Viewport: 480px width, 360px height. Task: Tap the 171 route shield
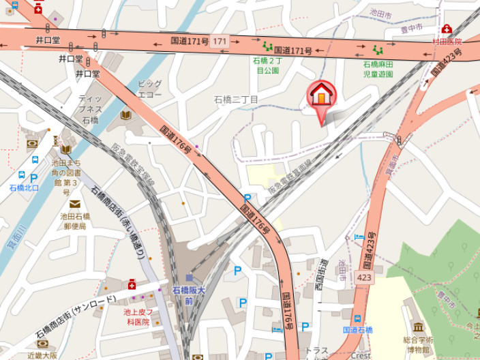tap(219, 42)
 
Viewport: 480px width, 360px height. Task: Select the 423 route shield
tap(363, 277)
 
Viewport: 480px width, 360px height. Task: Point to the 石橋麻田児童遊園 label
tap(378, 68)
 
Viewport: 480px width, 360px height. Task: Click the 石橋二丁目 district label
tap(236, 100)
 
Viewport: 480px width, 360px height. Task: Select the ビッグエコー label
tap(149, 89)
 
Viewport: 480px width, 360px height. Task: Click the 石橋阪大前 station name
tap(189, 295)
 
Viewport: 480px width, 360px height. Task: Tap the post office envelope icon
tap(74, 204)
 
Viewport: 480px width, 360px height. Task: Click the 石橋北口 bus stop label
tap(24, 187)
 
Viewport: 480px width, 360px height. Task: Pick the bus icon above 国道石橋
tap(357, 318)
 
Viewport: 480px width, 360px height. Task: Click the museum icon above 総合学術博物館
tap(417, 327)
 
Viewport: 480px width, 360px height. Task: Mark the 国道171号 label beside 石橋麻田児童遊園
tap(292, 50)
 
